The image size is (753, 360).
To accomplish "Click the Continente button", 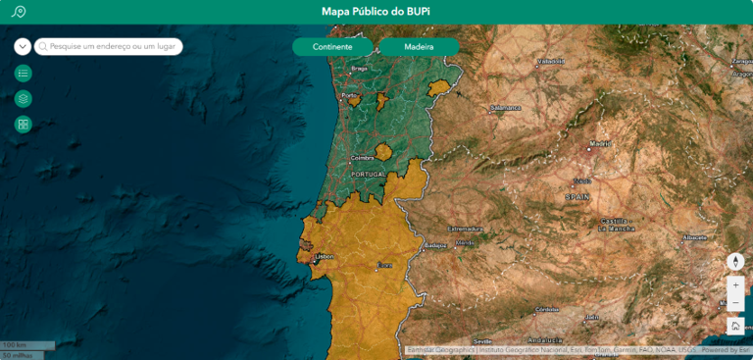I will pos(332,47).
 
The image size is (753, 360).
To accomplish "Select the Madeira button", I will pos(419,47).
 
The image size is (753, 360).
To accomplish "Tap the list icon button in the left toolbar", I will pos(24,73).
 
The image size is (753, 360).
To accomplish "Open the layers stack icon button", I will pos(24,98).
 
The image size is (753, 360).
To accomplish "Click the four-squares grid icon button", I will pos(24,124).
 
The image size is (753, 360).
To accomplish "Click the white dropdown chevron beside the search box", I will pos(23,46).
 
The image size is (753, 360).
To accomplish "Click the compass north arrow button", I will pos(735,262).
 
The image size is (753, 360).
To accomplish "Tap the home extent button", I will pos(735,326).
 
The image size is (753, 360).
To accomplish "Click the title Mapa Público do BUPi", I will pos(376,12).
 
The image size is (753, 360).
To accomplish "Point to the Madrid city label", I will pos(600,144).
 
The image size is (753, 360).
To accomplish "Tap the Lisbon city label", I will pos(324,256).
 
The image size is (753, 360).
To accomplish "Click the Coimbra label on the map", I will pos(363,157).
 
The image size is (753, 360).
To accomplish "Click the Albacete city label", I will pos(695,237).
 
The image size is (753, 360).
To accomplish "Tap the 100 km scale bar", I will pos(14,345).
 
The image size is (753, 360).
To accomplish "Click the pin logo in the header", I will pos(18,12).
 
